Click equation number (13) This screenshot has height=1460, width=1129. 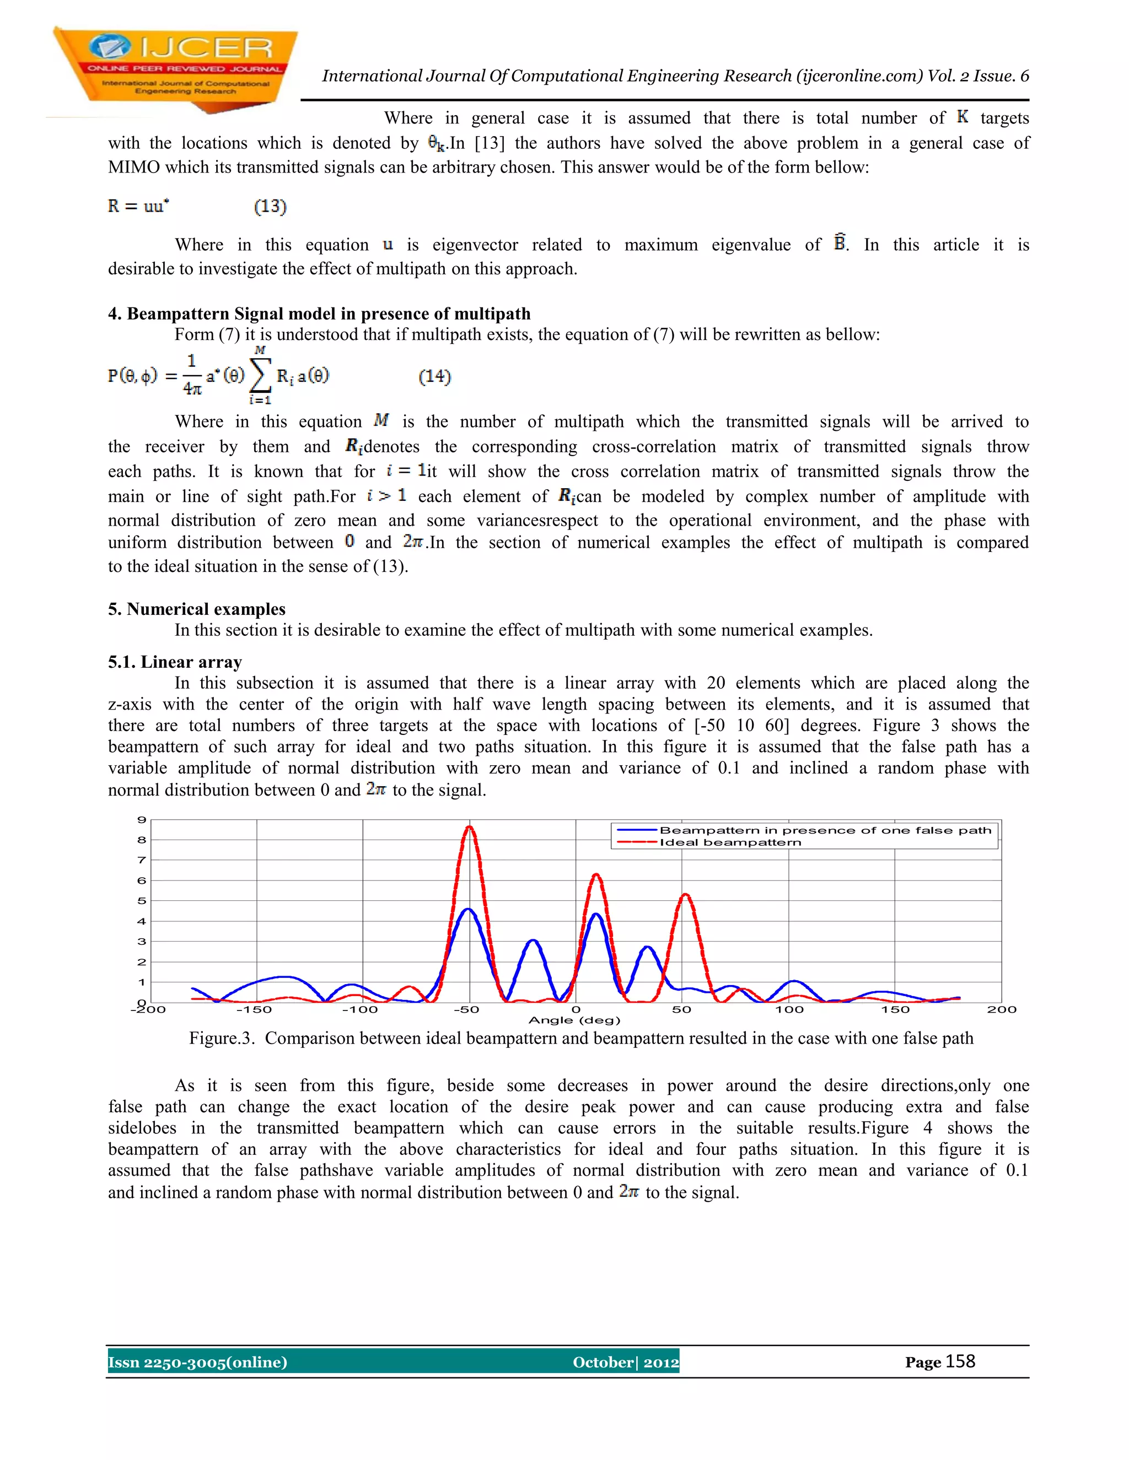coord(270,207)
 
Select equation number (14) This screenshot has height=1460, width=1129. coord(435,377)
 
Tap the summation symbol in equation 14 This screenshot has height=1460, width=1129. coord(260,376)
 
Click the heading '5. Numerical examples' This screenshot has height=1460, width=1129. coord(197,609)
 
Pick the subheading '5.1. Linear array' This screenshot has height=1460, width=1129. coord(175,662)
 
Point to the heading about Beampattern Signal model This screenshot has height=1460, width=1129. coord(319,313)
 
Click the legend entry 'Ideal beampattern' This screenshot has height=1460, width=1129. coord(730,842)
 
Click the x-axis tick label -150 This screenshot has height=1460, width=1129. coord(254,1009)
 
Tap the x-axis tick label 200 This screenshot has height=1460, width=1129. coord(1001,1009)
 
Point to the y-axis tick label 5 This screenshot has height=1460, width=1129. coord(142,900)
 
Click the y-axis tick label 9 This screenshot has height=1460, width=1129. coord(142,820)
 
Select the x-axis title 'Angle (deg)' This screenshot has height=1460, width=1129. coord(574,1020)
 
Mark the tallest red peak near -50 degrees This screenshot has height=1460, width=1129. coord(470,828)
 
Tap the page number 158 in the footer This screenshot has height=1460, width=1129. coord(960,1362)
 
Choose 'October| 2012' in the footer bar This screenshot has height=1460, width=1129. coord(625,1362)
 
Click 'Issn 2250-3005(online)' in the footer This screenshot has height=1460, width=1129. coord(197,1362)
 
